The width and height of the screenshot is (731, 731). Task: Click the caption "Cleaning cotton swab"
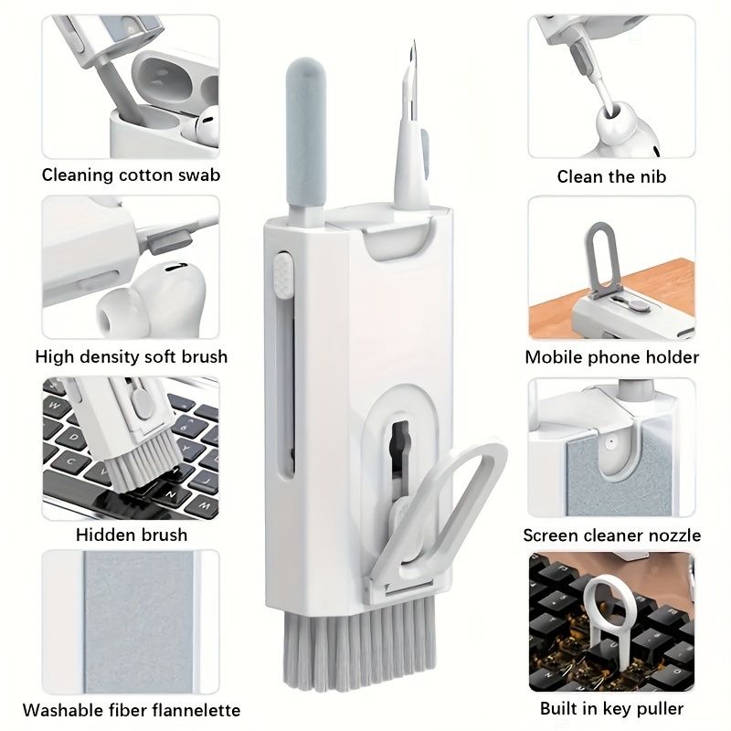(x=131, y=175)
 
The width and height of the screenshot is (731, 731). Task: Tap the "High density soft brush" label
(x=132, y=357)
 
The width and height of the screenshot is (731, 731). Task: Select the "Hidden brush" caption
(x=132, y=535)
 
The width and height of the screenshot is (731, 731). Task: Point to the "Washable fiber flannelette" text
(x=132, y=711)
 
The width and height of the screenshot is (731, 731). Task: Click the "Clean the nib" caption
(x=611, y=176)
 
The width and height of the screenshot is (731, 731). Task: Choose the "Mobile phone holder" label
(x=611, y=357)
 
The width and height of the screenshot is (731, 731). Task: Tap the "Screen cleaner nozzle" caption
(x=611, y=535)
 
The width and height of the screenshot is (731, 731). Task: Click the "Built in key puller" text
(x=611, y=709)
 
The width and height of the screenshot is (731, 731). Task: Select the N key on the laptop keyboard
(x=171, y=494)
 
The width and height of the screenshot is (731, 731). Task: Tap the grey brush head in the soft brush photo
(x=169, y=242)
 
